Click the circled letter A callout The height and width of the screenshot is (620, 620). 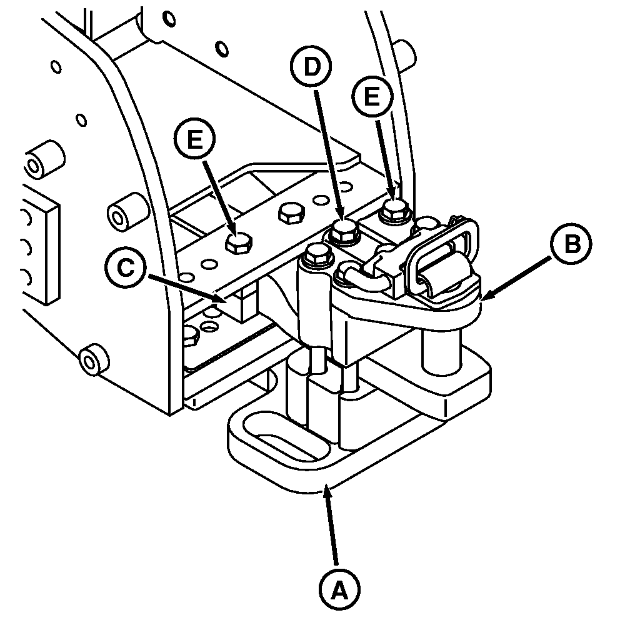(339, 590)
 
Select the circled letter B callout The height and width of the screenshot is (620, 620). (572, 245)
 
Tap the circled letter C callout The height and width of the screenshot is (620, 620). (126, 269)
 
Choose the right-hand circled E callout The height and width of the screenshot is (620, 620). (372, 96)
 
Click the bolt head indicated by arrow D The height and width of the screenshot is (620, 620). (344, 231)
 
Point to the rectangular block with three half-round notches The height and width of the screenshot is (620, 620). (39, 250)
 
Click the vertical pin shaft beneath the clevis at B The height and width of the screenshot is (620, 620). (442, 351)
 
